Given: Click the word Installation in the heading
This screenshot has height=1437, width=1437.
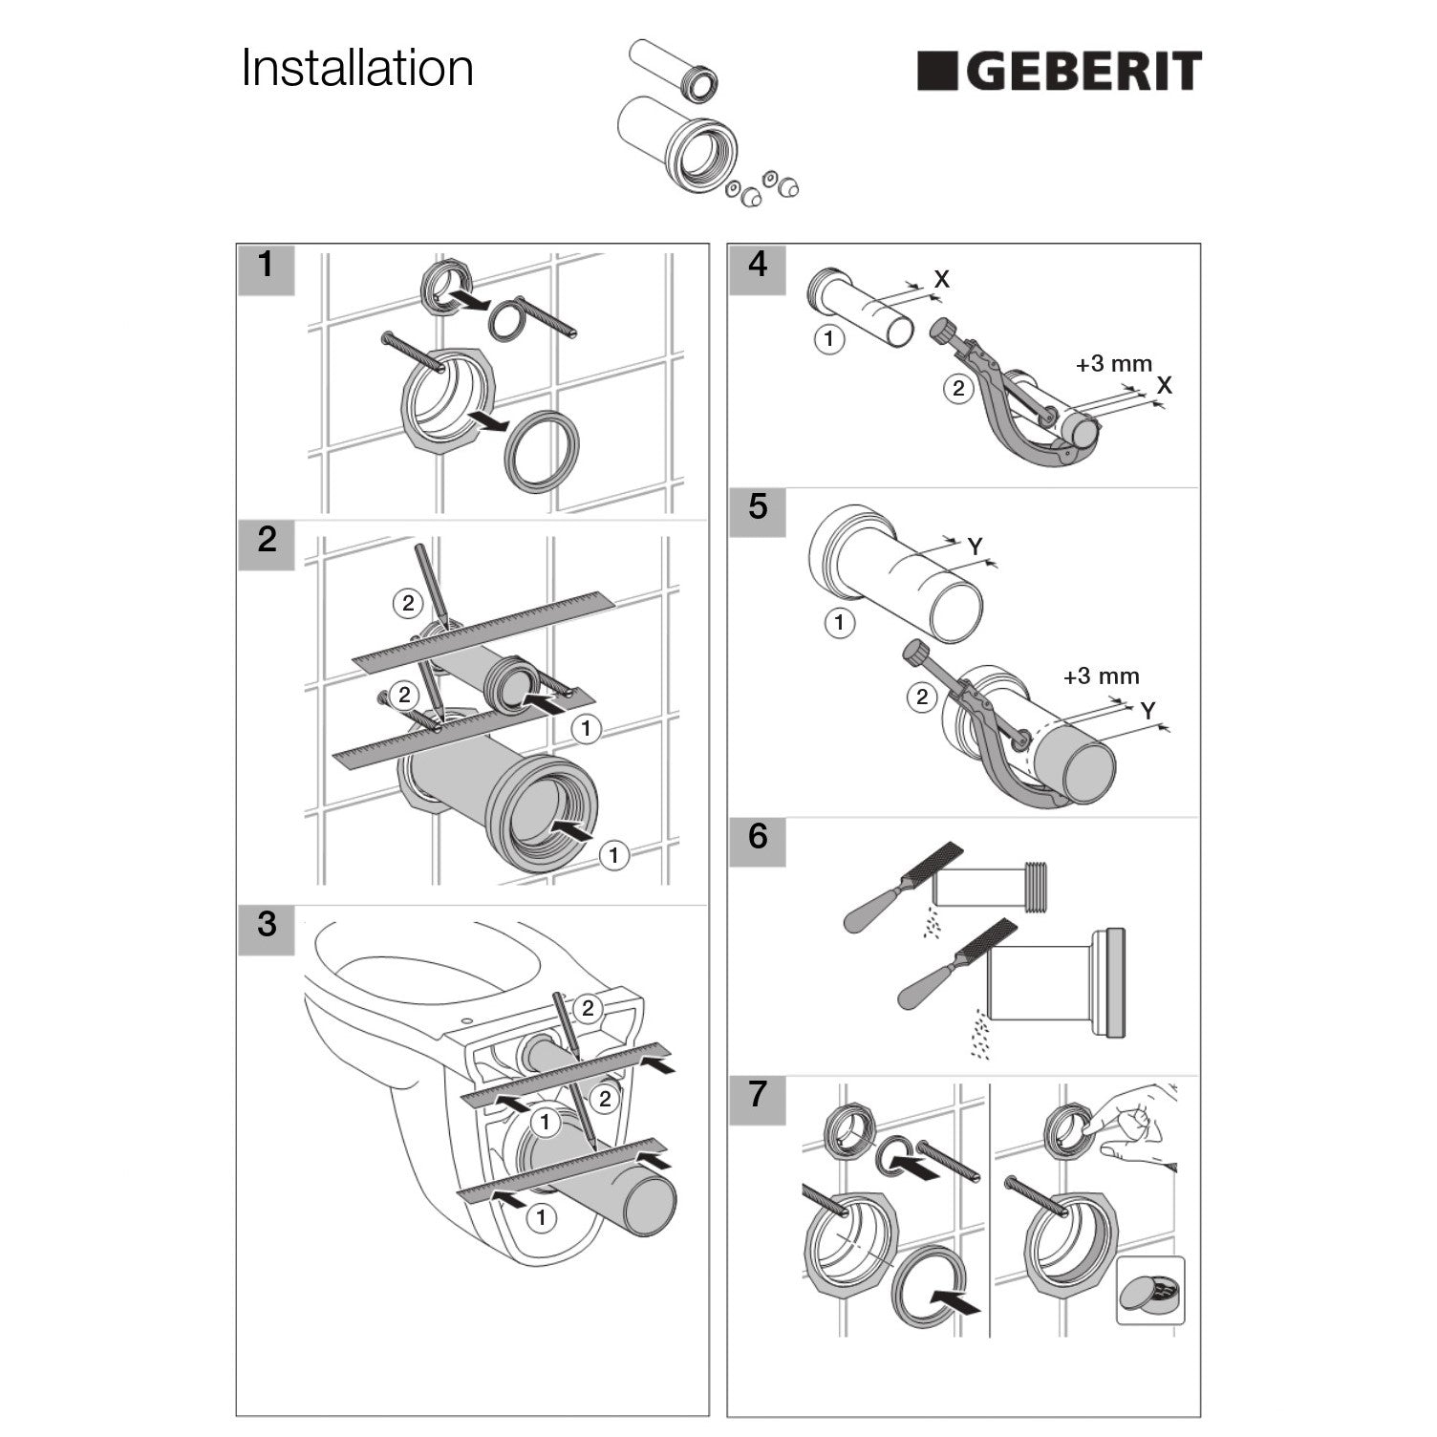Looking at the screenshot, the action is point(357,68).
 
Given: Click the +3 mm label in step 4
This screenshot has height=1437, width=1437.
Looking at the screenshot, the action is point(1113,364).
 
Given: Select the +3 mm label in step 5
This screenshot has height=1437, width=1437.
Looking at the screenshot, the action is point(1102,676).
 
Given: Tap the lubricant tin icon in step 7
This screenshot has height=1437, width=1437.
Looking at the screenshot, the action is point(1150,1291).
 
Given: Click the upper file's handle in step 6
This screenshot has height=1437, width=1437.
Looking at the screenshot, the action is point(875,909).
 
